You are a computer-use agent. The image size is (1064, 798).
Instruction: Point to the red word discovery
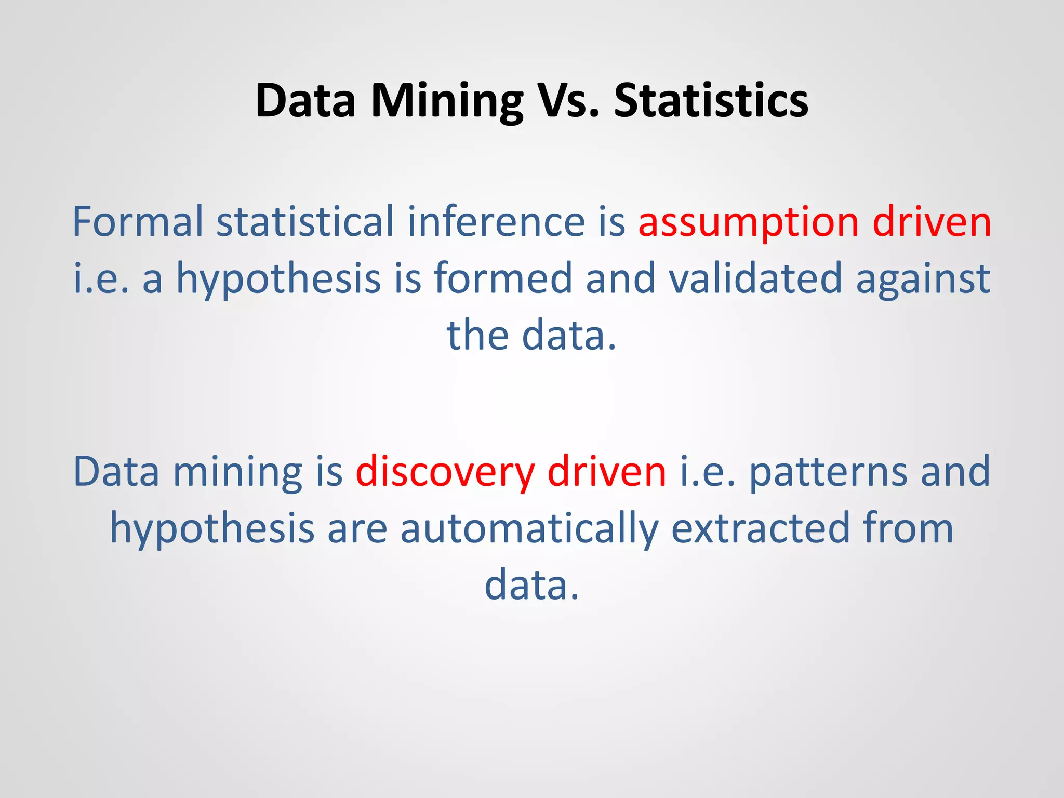point(445,472)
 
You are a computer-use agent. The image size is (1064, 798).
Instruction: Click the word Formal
point(137,222)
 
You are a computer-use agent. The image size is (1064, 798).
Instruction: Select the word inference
point(496,222)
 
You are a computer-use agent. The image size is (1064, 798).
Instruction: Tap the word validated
point(755,278)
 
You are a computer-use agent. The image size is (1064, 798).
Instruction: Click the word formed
point(503,278)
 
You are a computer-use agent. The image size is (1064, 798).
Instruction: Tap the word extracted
point(761,528)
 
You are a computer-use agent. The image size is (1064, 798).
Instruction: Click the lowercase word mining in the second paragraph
point(237,472)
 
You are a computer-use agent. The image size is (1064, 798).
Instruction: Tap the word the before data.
point(477,335)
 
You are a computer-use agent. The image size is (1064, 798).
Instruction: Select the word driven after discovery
point(606,472)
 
